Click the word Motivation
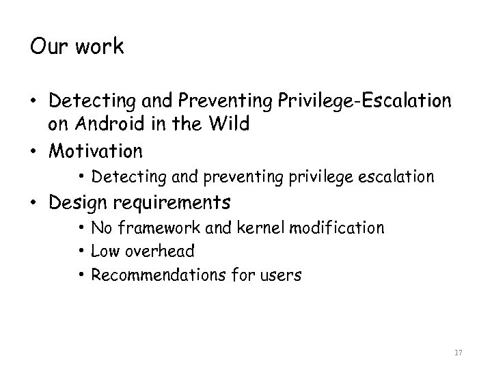click(96, 150)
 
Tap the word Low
click(104, 251)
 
